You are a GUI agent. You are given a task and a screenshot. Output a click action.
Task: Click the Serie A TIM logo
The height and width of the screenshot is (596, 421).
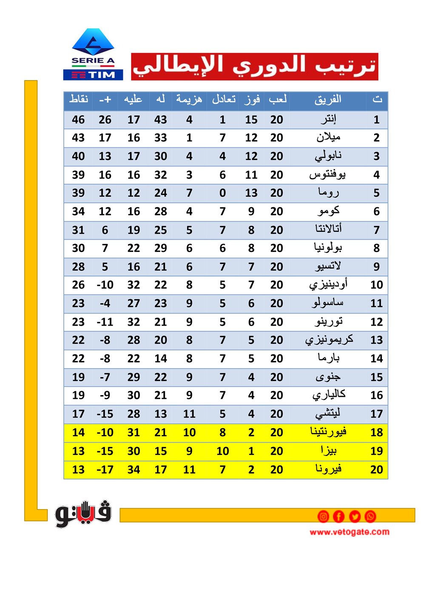(93, 54)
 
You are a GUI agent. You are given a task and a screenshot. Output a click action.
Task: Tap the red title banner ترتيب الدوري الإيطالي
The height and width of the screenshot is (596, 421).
(254, 66)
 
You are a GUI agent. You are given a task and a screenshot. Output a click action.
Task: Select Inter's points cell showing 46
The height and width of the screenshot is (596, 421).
(78, 120)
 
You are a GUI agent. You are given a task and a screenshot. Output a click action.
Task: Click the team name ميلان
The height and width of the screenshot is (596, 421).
(328, 138)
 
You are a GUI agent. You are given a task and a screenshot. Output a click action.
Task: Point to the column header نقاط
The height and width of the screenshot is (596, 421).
(79, 100)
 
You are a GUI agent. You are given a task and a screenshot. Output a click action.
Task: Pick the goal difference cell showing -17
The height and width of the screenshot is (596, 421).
(105, 470)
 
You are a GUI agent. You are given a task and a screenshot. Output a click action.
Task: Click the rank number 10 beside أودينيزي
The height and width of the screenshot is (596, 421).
(376, 285)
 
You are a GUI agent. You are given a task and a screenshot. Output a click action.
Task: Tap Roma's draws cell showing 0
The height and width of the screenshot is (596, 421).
(222, 193)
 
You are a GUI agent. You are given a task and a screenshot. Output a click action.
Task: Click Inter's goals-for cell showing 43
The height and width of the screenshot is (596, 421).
(160, 120)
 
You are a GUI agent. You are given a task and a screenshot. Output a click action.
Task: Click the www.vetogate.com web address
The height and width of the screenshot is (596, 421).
(349, 532)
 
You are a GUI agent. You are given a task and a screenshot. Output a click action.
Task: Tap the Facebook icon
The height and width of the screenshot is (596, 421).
(339, 516)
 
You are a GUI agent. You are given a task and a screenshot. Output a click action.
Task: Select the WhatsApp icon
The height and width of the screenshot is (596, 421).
(370, 516)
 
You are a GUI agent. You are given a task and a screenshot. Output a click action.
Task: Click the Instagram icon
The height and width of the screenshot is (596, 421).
(323, 516)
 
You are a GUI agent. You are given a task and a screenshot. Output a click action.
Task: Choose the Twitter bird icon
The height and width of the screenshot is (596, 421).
(355, 516)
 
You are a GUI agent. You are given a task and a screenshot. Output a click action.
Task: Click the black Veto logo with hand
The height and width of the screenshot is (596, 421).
(83, 513)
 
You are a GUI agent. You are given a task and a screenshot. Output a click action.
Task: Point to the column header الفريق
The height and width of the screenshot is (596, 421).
(328, 100)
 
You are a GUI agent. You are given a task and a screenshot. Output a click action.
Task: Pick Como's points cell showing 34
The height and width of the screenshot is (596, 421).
(78, 212)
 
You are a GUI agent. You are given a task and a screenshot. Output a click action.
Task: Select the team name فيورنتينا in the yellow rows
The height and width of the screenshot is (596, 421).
(328, 432)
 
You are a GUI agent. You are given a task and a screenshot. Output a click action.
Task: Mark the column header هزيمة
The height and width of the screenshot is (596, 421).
(189, 100)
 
